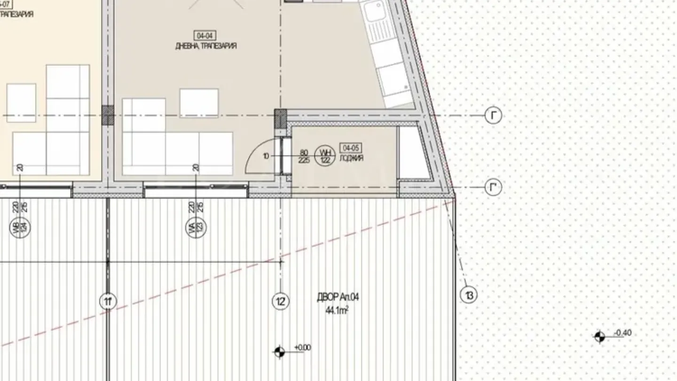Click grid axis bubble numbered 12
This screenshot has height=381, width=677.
[281, 301]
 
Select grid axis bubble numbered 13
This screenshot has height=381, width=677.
[469, 295]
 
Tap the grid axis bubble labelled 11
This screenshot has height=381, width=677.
[108, 301]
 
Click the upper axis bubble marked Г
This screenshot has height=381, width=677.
[493, 115]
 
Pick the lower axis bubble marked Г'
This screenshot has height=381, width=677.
[493, 188]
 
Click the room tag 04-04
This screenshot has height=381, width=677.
[205, 35]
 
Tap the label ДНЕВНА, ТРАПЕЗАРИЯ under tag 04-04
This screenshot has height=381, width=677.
[205, 46]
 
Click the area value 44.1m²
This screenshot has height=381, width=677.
[337, 310]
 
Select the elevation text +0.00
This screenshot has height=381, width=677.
[303, 348]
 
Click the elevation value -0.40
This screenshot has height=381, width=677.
[623, 333]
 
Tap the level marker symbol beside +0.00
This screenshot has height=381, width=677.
[280, 351]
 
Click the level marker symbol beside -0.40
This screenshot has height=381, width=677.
[599, 337]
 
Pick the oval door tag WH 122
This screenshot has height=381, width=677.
[325, 156]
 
